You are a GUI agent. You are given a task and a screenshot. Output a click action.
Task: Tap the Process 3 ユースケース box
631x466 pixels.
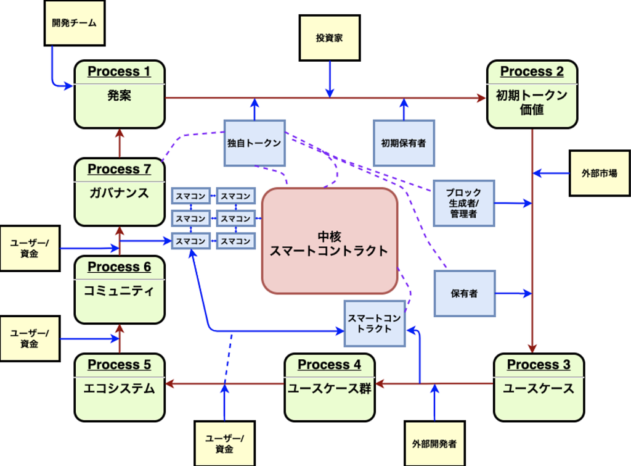click(539, 387)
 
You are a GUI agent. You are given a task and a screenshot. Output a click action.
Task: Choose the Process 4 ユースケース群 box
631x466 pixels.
click(329, 387)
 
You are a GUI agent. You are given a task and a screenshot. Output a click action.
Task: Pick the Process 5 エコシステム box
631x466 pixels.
click(120, 387)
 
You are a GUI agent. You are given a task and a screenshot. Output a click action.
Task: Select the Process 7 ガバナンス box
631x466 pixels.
click(120, 192)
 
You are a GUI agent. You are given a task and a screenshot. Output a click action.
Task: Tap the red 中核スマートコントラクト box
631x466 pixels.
click(329, 241)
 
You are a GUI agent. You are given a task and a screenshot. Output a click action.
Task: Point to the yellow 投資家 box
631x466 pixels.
click(329, 38)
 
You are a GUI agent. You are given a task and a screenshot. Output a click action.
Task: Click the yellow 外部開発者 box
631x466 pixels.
click(434, 443)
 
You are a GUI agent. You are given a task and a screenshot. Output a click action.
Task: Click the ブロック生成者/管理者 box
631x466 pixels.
click(464, 203)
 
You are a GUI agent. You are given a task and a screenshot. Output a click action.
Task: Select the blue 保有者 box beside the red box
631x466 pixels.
click(464, 293)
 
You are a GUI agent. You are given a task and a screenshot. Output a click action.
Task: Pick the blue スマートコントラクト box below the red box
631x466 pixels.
click(375, 323)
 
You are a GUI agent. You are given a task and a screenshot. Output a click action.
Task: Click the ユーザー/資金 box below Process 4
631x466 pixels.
click(224, 443)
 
